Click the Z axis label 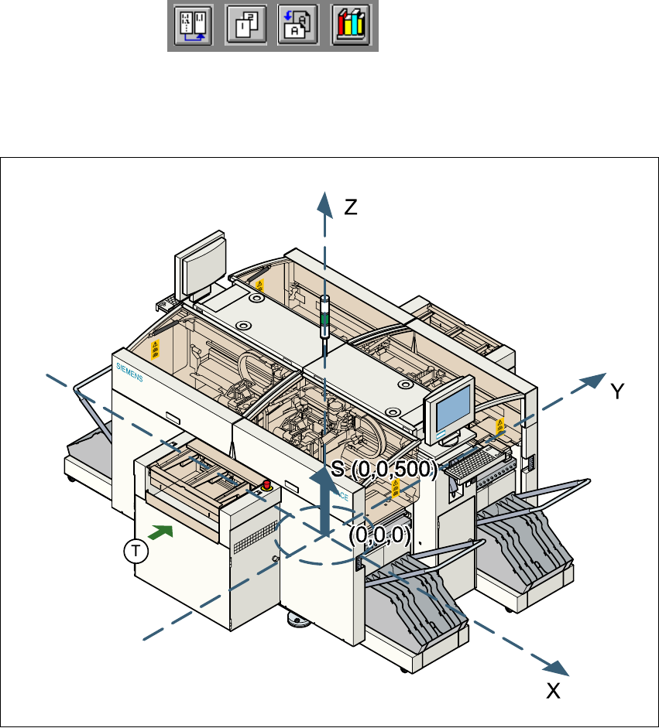click(351, 207)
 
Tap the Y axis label click(617, 392)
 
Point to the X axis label click(553, 691)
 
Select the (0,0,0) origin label click(379, 535)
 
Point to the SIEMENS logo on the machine click(132, 373)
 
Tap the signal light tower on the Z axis click(325, 317)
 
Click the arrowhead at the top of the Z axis click(325, 200)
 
